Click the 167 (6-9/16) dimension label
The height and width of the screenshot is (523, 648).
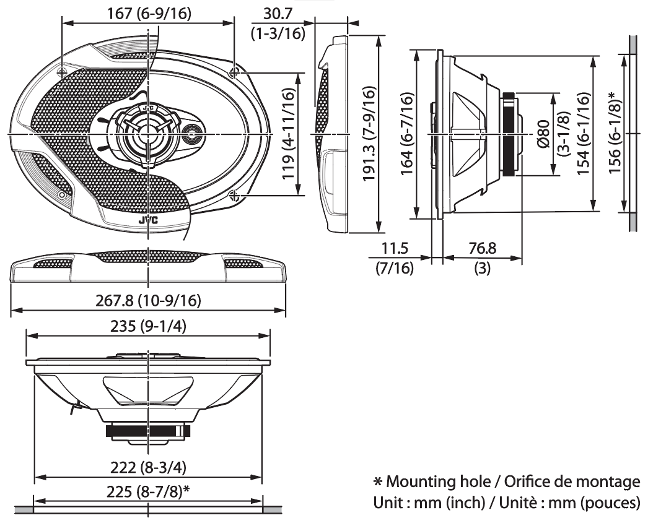coord(149,14)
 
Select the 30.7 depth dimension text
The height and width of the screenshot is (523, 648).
coord(278,14)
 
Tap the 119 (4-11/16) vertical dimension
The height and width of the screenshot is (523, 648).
coord(289,134)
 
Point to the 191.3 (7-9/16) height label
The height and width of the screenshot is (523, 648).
coord(369,133)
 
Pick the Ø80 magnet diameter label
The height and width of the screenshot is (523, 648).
coord(543,134)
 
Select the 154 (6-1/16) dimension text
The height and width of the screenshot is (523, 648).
coord(583,134)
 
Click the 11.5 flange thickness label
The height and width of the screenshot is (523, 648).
coord(394,248)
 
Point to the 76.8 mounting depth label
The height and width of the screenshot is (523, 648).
coord(482,248)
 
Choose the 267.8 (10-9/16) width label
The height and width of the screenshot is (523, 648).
coord(148,301)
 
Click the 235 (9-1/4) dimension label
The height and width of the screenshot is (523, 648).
coord(148,327)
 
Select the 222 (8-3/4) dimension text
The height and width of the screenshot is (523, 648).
coord(148,468)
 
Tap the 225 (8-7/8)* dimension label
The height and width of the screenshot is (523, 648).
coord(148,491)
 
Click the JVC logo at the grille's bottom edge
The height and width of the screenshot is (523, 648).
coord(148,221)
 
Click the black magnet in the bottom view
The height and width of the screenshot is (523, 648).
coord(148,431)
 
